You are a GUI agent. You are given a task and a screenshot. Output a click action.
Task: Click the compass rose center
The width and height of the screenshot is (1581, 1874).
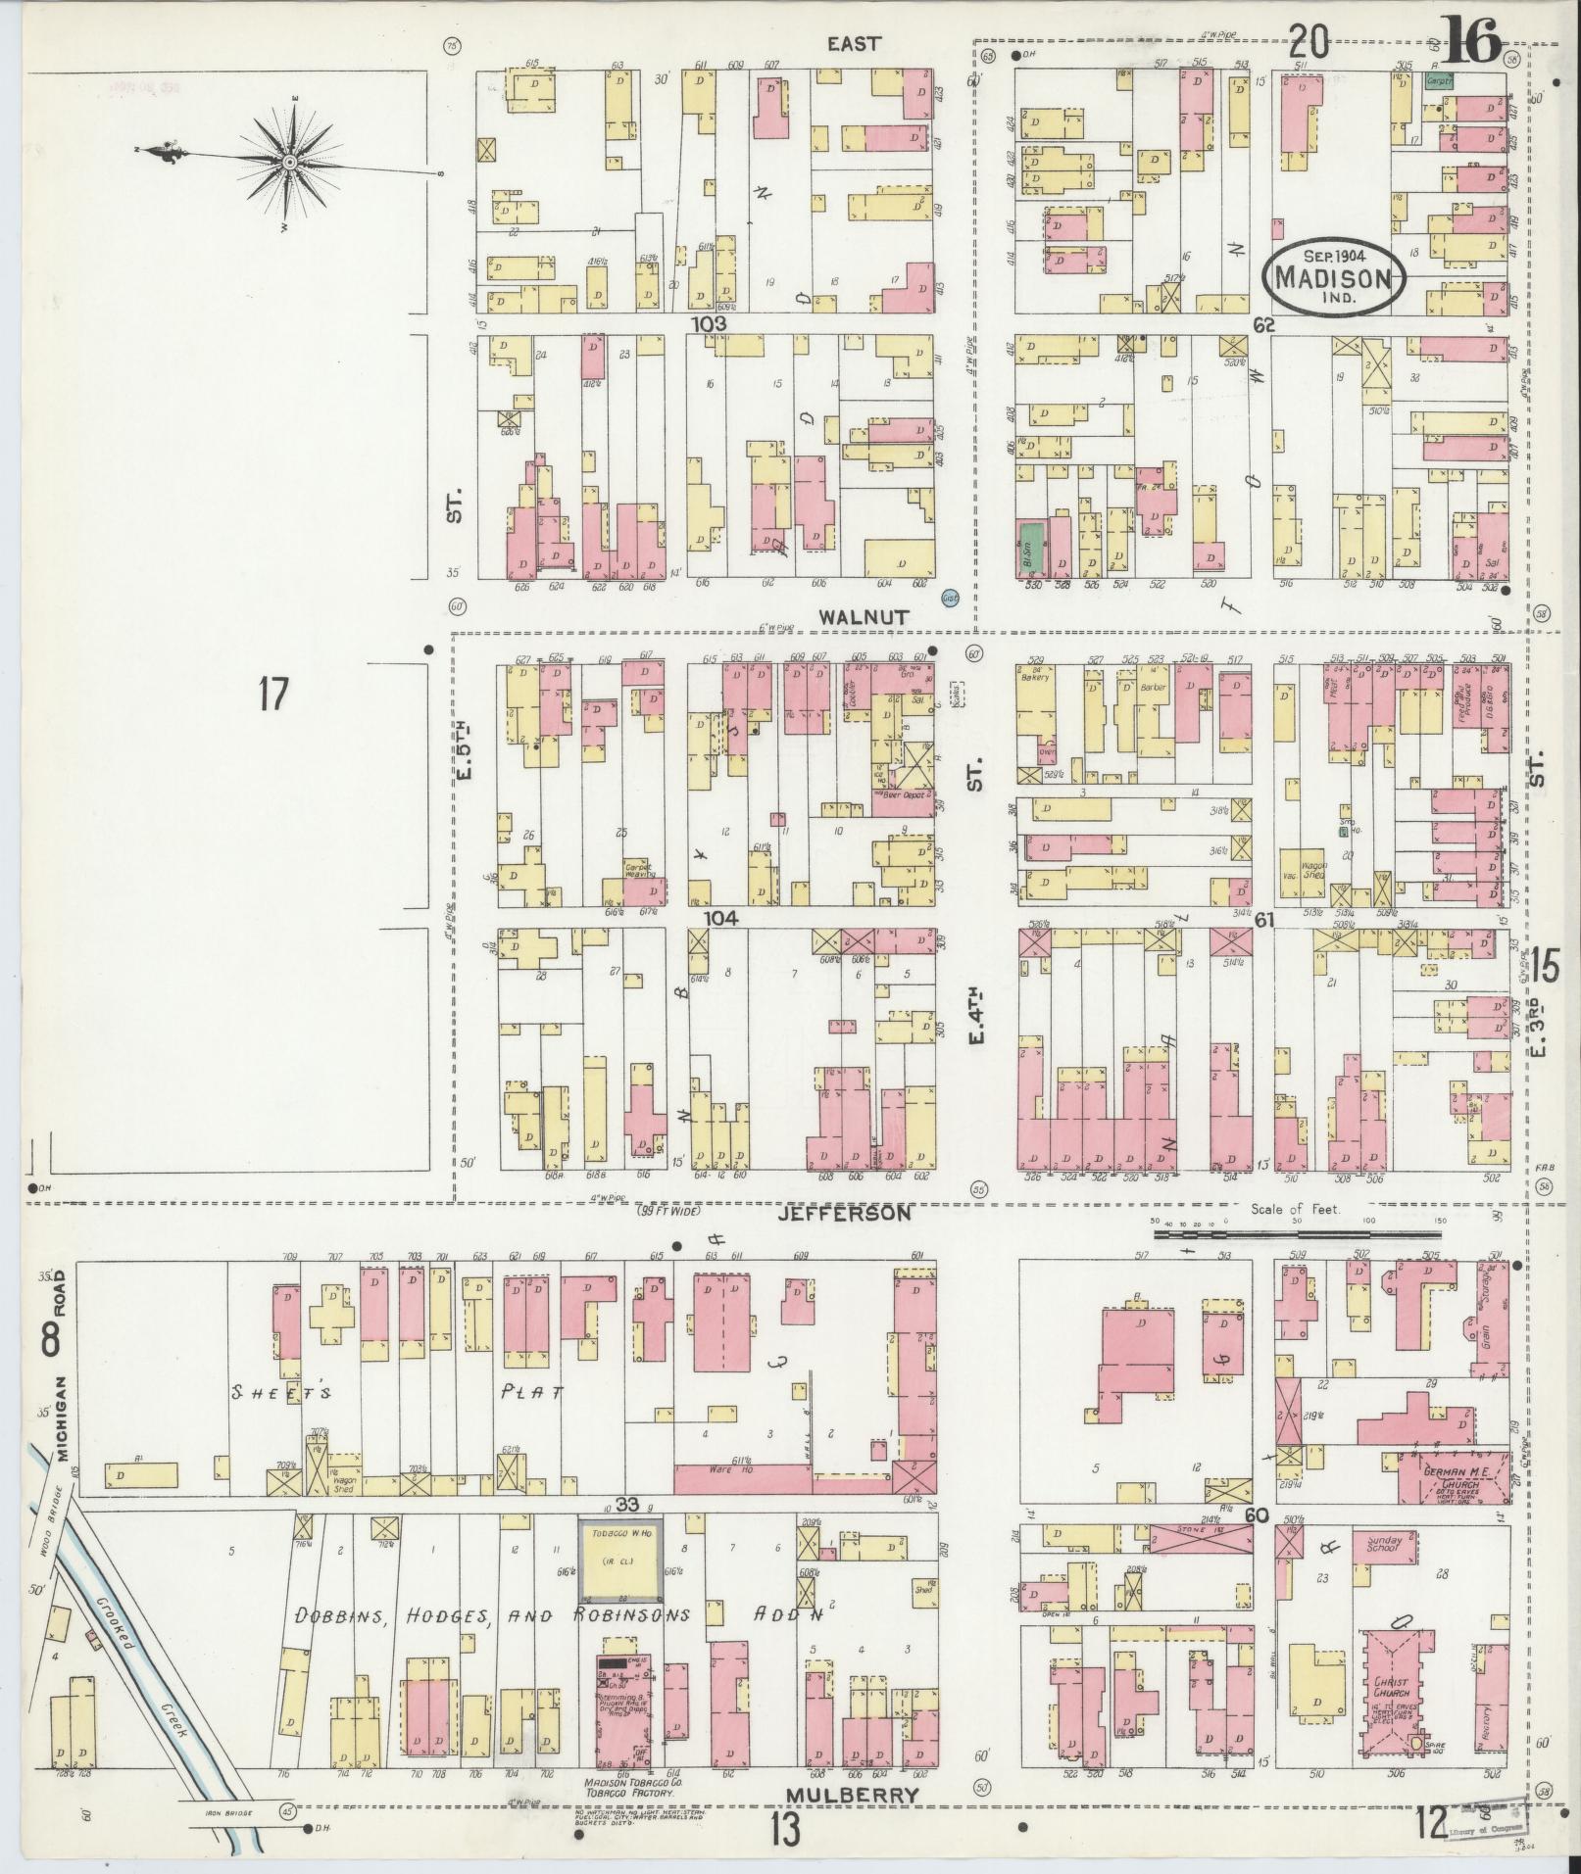(290, 163)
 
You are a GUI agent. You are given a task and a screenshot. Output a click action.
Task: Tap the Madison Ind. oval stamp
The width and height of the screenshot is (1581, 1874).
(1333, 276)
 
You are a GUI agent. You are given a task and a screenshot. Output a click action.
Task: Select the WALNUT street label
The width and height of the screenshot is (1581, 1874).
(854, 616)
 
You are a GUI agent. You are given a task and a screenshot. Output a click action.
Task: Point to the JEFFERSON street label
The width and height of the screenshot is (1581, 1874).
(844, 1213)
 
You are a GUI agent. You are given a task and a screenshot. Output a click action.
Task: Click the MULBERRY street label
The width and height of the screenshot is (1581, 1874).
(853, 1795)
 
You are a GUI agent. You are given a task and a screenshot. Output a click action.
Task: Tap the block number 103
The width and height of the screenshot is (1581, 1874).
(708, 323)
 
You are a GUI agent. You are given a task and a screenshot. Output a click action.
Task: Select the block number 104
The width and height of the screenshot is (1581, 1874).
(721, 918)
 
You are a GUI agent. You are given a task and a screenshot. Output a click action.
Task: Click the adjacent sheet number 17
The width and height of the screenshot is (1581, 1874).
(273, 696)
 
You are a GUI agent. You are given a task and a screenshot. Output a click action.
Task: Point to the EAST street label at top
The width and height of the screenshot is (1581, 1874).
(854, 43)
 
